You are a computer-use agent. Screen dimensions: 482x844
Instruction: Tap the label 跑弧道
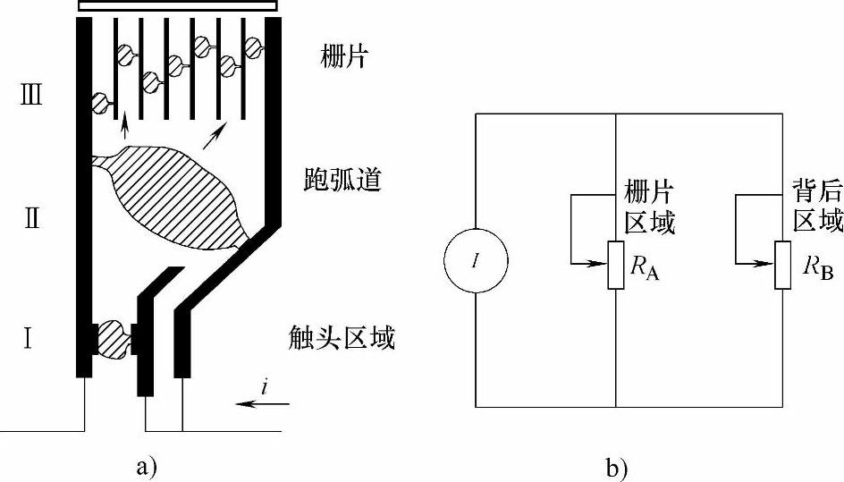click(343, 181)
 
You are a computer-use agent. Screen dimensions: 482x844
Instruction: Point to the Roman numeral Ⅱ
click(31, 218)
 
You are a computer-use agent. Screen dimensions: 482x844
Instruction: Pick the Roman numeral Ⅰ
click(30, 340)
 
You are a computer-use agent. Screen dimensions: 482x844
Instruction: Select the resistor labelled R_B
click(782, 265)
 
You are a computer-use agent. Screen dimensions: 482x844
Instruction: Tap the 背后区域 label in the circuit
click(817, 207)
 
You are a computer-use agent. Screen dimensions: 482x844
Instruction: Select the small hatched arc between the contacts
click(114, 340)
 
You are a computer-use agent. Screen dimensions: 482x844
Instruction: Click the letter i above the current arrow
click(266, 387)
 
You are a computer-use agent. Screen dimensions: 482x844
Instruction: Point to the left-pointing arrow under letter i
click(264, 405)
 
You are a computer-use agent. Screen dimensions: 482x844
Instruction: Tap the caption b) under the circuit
click(617, 465)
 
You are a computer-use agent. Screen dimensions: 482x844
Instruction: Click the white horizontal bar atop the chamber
click(173, 5)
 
